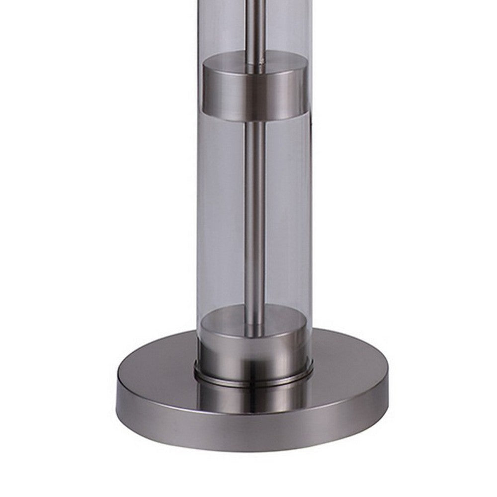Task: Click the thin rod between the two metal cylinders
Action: point(254,214)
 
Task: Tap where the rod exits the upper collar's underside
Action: point(254,122)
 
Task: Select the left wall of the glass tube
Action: point(199,199)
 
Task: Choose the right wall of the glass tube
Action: point(310,199)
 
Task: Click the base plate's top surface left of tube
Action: point(159,363)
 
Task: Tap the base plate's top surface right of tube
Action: point(348,363)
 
